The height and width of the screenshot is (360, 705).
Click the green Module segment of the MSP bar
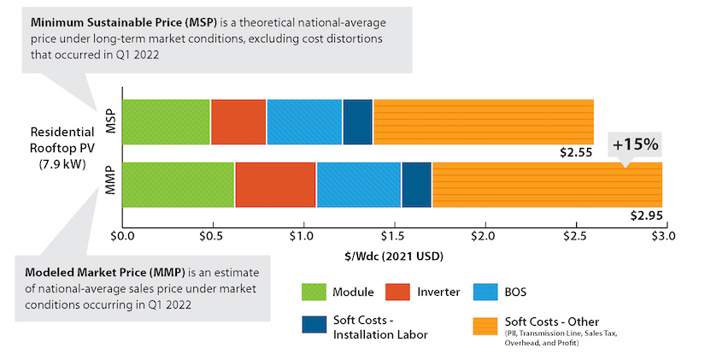(x=166, y=121)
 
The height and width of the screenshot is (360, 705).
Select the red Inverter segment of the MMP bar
(x=275, y=184)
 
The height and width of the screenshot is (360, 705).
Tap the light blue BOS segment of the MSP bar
(x=304, y=121)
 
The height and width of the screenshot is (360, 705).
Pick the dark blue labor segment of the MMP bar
(x=416, y=184)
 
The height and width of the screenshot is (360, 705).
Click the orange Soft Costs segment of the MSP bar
(x=483, y=121)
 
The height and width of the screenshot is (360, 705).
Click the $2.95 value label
(x=646, y=215)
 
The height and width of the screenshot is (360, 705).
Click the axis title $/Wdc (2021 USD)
(x=393, y=255)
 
